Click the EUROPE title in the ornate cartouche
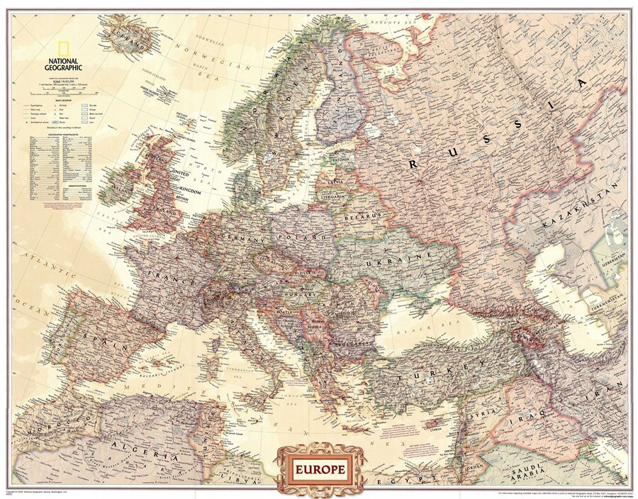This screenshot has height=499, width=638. (317, 468)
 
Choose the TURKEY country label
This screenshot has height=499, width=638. (440, 373)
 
